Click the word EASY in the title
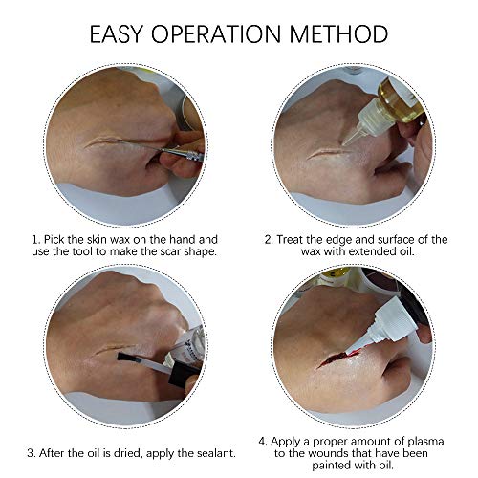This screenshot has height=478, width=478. click(116, 34)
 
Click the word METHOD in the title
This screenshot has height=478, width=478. click(339, 34)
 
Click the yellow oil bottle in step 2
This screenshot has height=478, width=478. click(401, 102)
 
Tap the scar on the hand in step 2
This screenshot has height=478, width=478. click(328, 153)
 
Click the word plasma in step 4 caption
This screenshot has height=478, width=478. click(424, 442)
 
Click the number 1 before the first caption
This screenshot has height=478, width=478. click(35, 240)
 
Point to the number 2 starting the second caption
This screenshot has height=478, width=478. click(269, 240)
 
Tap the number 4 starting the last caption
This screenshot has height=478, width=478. click(263, 442)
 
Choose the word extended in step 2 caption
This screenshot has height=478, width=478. click(372, 251)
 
